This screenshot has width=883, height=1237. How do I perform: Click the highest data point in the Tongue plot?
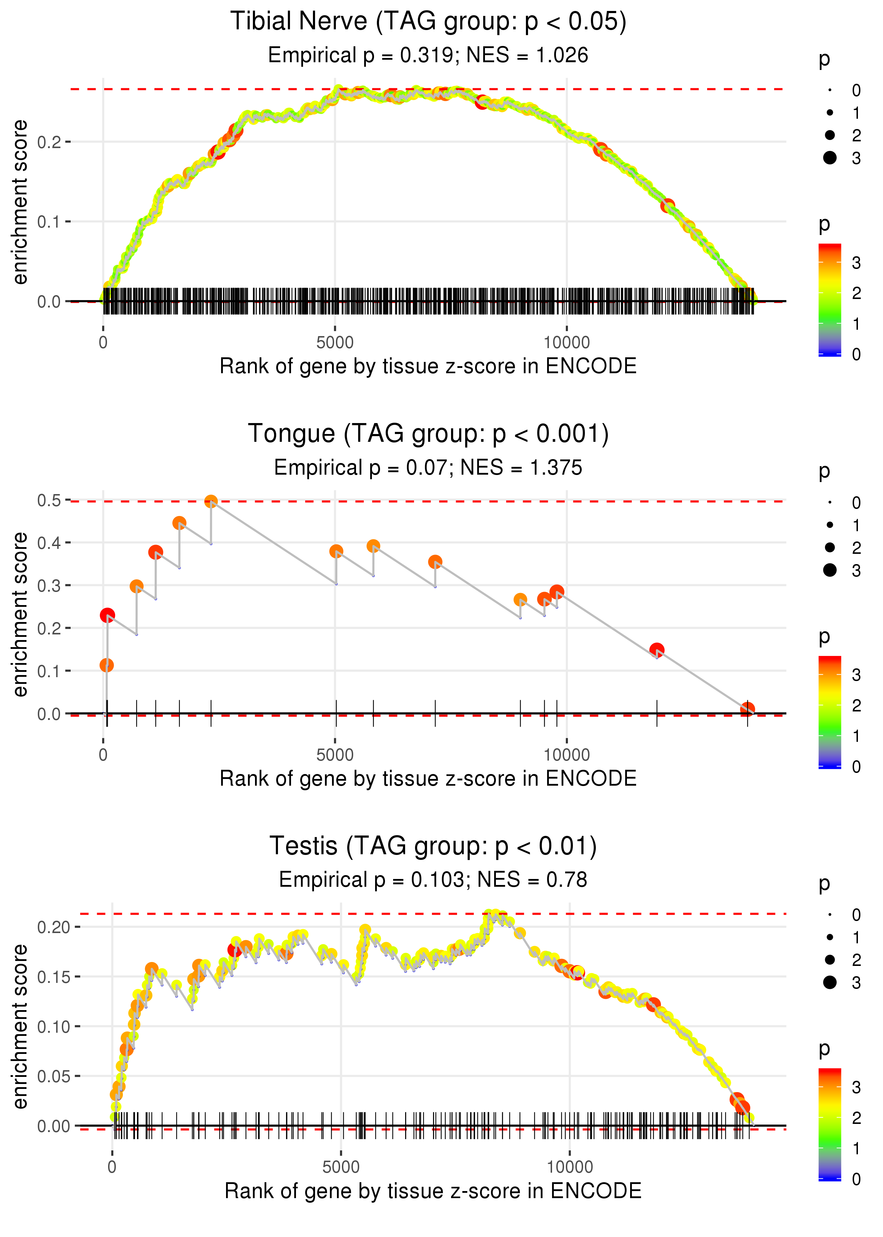coord(211,501)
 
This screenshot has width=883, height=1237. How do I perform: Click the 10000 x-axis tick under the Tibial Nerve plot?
coord(567,343)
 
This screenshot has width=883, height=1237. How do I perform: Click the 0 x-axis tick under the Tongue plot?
coord(103,755)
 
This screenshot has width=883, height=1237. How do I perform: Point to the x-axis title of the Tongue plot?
coord(428,779)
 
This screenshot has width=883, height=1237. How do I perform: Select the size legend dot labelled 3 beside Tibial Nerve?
coord(830,158)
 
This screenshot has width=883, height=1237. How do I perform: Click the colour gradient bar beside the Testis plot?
coord(830,1123)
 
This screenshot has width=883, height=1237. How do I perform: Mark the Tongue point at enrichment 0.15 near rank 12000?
coord(657,650)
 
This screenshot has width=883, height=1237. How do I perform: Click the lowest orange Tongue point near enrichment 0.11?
coord(107,665)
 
